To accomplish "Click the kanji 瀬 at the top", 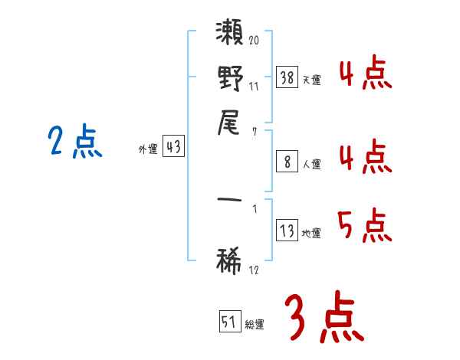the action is pos(229,31).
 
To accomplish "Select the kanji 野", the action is pos(231,78).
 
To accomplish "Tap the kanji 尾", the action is pos(228,123).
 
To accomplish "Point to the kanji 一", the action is pos(229,200).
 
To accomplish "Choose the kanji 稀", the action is pos(228,261).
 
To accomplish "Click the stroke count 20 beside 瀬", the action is pos(254,40).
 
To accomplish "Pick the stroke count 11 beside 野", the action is pos(254,87).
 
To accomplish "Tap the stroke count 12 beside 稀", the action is pos(254,270).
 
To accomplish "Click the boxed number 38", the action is pos(287,77).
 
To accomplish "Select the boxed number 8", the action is pos(287,162).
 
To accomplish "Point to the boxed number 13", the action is pos(287,230).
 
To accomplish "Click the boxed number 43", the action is pos(174,146).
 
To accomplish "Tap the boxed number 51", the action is pos(230,321).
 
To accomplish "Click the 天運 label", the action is pos(312,80).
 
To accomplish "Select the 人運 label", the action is pos(312,164).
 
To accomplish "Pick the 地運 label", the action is pos(311,234).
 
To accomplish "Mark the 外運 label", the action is pos(148,149).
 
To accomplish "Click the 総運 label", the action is pos(255,324).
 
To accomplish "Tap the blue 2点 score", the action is pos(75,141).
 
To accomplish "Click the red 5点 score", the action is pos(365,225).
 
